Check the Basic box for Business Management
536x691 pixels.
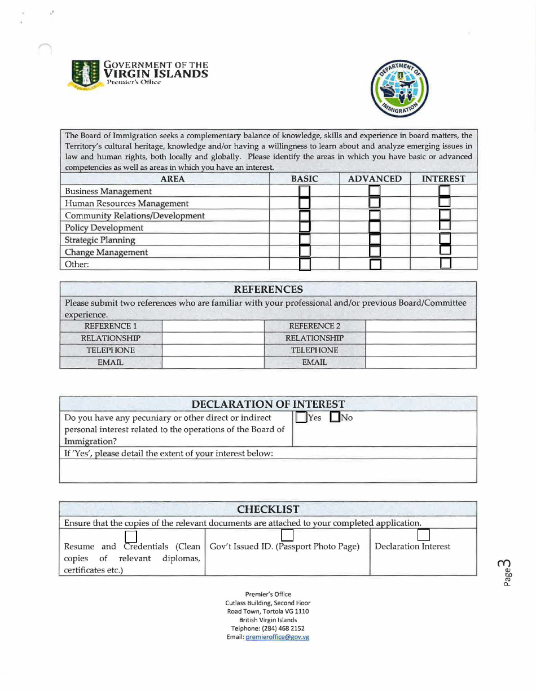click(x=305, y=191)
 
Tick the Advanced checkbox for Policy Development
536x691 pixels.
click(x=375, y=227)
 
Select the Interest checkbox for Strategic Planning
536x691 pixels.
click(x=445, y=239)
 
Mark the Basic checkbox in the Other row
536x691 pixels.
click(x=305, y=264)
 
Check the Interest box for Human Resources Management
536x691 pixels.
click(x=445, y=203)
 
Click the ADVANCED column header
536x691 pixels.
click(x=375, y=179)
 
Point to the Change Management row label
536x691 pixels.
click(x=107, y=252)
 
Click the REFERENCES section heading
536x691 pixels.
click(x=269, y=289)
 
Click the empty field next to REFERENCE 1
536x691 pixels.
click(x=213, y=326)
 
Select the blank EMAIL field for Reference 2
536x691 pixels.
click(x=421, y=362)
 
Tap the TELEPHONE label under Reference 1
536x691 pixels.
click(x=111, y=350)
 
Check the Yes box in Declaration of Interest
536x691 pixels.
click(x=301, y=418)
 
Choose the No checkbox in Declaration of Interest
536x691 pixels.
click(x=334, y=418)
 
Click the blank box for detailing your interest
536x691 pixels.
click(x=269, y=471)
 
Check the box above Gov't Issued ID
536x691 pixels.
click(x=287, y=535)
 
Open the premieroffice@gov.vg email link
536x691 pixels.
click(x=277, y=637)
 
